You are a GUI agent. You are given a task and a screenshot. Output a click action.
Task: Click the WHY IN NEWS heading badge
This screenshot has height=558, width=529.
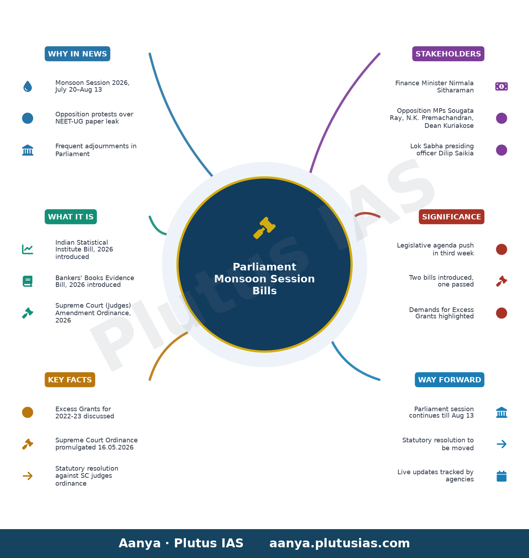coord(77,54)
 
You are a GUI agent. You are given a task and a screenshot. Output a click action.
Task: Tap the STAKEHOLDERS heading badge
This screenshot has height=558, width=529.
coord(448,54)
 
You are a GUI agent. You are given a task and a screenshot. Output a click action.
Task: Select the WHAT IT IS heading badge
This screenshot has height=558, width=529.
coord(71,217)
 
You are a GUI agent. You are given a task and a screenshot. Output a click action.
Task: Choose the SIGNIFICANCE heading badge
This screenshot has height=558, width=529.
coord(451,217)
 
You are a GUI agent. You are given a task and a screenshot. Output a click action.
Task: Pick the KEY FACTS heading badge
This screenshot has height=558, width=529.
coord(70,380)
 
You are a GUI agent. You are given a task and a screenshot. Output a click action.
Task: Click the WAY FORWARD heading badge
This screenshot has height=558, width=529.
coord(450,380)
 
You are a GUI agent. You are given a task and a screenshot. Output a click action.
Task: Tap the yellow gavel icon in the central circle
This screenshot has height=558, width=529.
coord(264,228)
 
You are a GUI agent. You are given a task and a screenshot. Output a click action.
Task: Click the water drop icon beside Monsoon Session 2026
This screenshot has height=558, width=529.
coord(27,86)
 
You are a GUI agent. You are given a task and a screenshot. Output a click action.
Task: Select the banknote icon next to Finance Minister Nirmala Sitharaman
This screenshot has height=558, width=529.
coord(502,86)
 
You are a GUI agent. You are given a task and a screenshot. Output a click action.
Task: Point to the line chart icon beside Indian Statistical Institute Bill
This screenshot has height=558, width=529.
coord(27,249)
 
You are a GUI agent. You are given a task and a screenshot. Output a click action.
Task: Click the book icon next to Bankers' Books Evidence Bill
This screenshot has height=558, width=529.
coord(27,281)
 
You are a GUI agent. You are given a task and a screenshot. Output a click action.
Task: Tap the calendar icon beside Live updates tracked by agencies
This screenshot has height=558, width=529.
coord(502,476)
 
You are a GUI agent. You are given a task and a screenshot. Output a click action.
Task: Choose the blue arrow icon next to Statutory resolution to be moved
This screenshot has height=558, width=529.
coord(502,444)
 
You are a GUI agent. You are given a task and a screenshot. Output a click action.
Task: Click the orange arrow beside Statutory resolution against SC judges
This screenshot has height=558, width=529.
coord(27,476)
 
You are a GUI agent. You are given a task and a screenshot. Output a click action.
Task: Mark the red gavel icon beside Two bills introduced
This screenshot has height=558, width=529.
coord(502,281)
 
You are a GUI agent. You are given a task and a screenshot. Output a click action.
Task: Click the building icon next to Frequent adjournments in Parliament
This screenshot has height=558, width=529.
coord(27,150)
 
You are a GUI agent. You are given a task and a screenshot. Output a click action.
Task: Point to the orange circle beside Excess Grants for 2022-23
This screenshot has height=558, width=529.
coord(27,412)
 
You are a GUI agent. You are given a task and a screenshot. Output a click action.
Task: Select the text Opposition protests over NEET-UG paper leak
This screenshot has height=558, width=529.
coord(94,118)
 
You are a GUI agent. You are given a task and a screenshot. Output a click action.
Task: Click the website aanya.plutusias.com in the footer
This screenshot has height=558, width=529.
coord(339,543)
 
